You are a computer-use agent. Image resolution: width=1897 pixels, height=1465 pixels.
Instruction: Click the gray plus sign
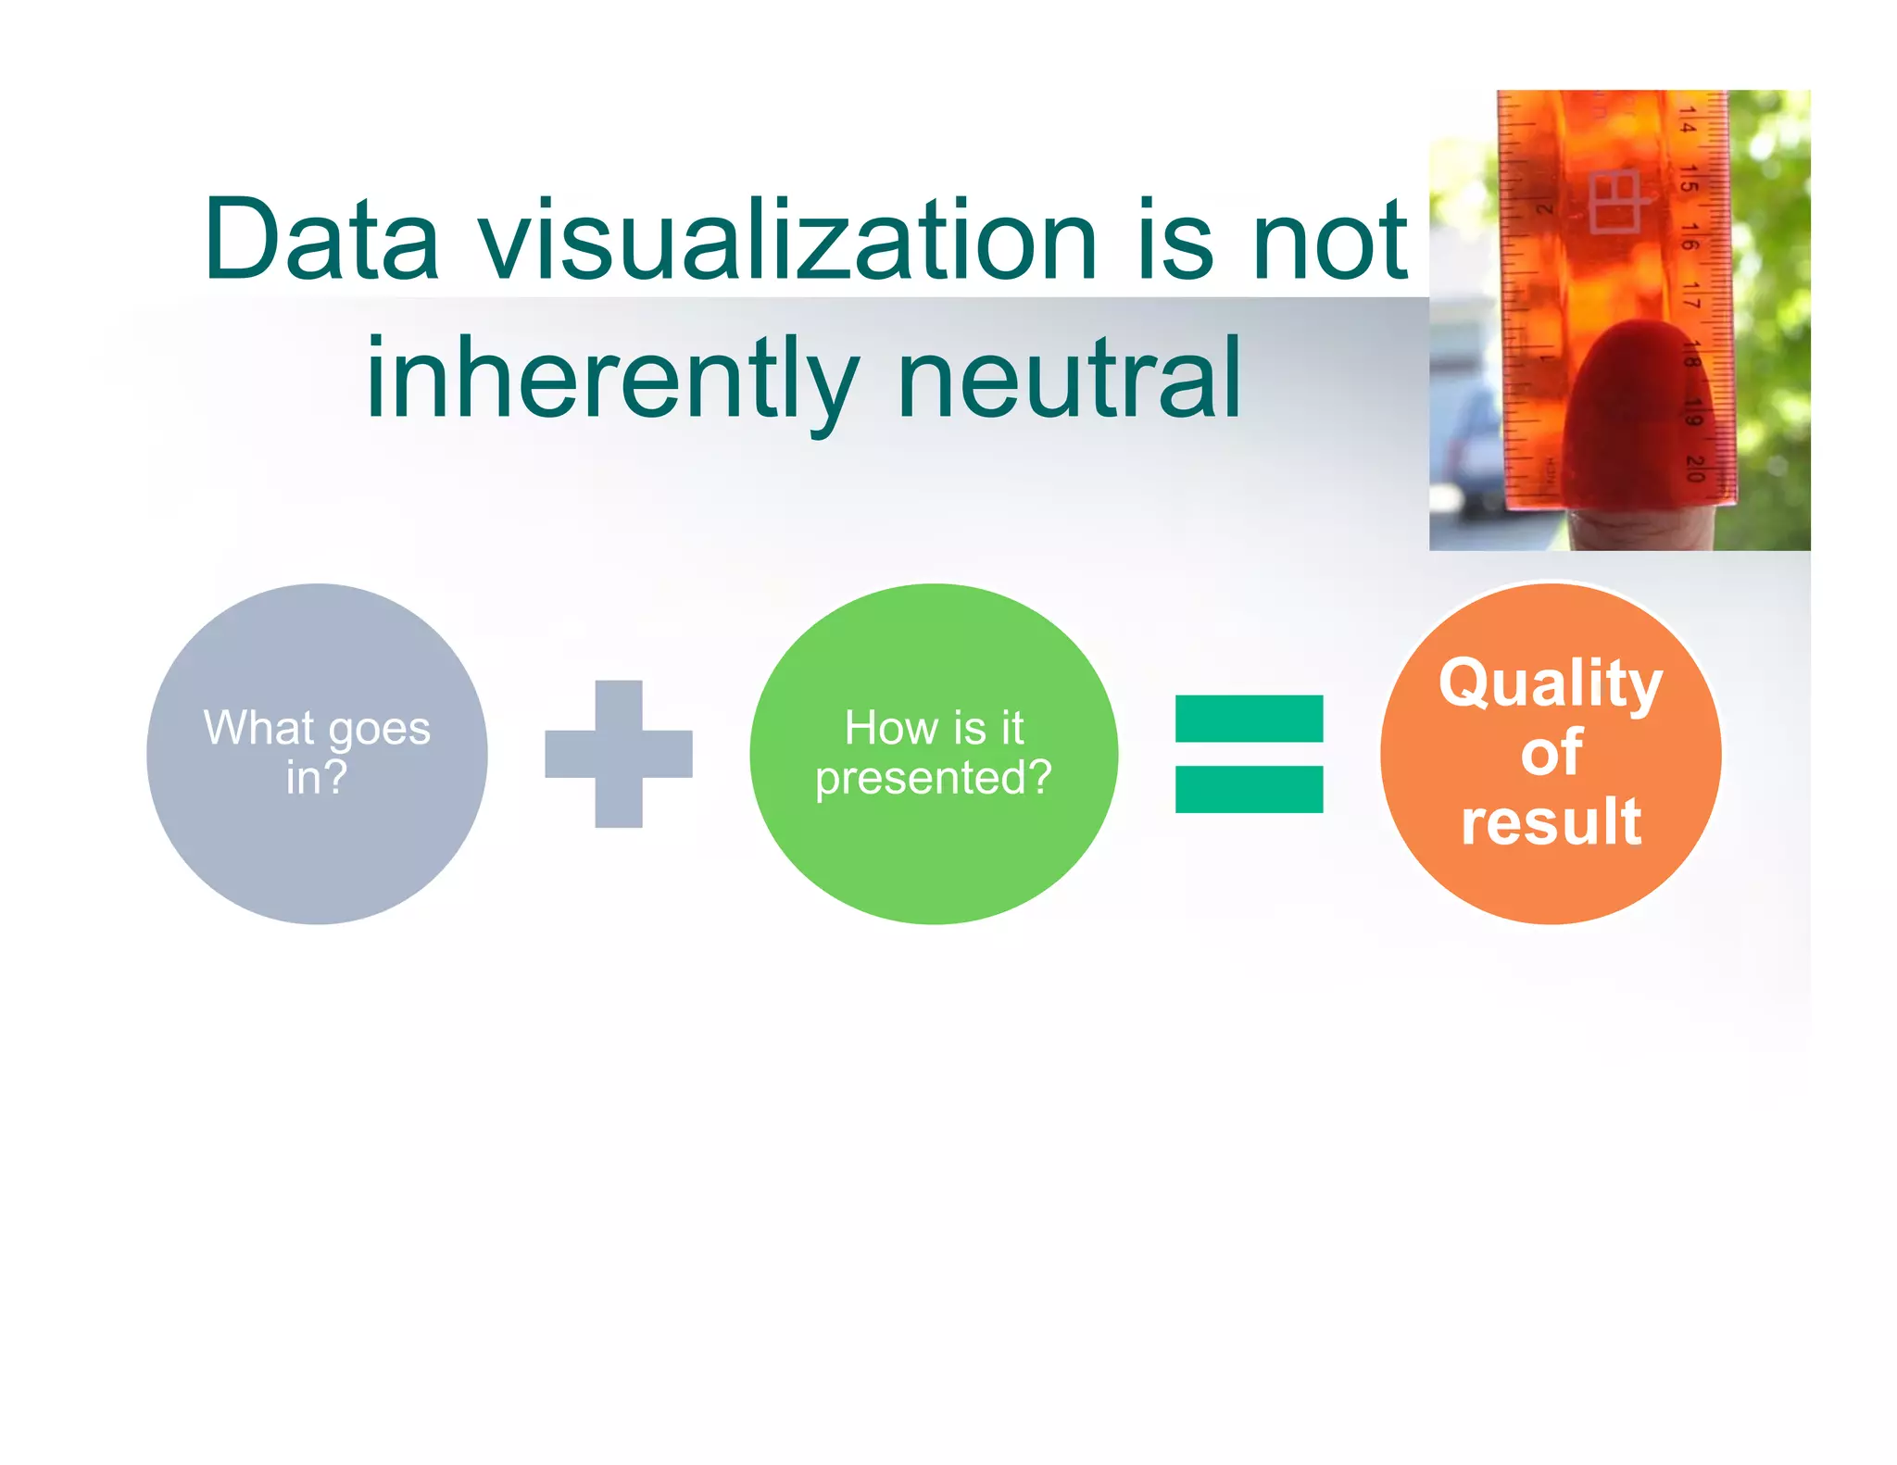point(619,754)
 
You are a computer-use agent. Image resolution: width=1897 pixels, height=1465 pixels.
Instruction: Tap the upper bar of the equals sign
point(1249,719)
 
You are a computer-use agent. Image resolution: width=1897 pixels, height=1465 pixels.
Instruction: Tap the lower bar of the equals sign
point(1249,789)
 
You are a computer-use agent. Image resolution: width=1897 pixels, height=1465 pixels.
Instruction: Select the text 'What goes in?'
point(317,752)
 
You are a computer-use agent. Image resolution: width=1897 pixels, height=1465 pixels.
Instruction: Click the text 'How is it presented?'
point(934,752)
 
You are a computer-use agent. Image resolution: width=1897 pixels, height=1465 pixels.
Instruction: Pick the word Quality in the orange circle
point(1551,683)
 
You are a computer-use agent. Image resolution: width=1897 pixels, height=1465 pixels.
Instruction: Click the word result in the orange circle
point(1551,820)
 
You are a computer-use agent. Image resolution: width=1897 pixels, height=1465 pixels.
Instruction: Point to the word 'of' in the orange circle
point(1551,752)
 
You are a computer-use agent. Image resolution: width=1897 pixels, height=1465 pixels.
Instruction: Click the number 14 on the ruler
point(1688,120)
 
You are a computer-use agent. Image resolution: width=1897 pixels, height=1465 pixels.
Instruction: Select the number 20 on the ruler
point(1695,468)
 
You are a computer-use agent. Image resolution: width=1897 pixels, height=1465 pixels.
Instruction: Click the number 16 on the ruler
point(1690,237)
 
